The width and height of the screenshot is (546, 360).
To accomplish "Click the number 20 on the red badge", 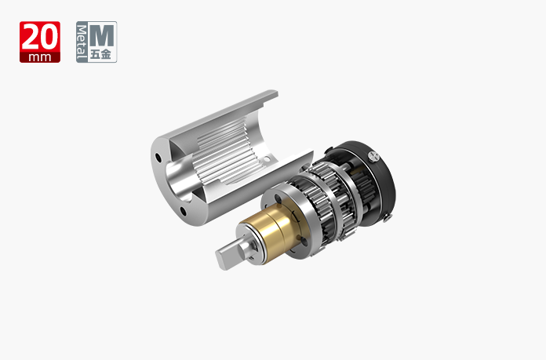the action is click(x=40, y=38).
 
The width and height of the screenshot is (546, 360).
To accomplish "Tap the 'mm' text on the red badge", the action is click(x=40, y=57).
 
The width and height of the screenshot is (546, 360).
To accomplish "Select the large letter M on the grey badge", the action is click(x=102, y=35).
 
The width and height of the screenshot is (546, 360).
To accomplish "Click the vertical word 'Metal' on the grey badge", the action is click(x=82, y=42).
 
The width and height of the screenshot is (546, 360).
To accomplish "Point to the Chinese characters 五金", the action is click(x=100, y=54).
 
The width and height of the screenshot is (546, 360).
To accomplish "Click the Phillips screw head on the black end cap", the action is click(x=374, y=156).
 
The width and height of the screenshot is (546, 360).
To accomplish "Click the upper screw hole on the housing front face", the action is click(x=158, y=158).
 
